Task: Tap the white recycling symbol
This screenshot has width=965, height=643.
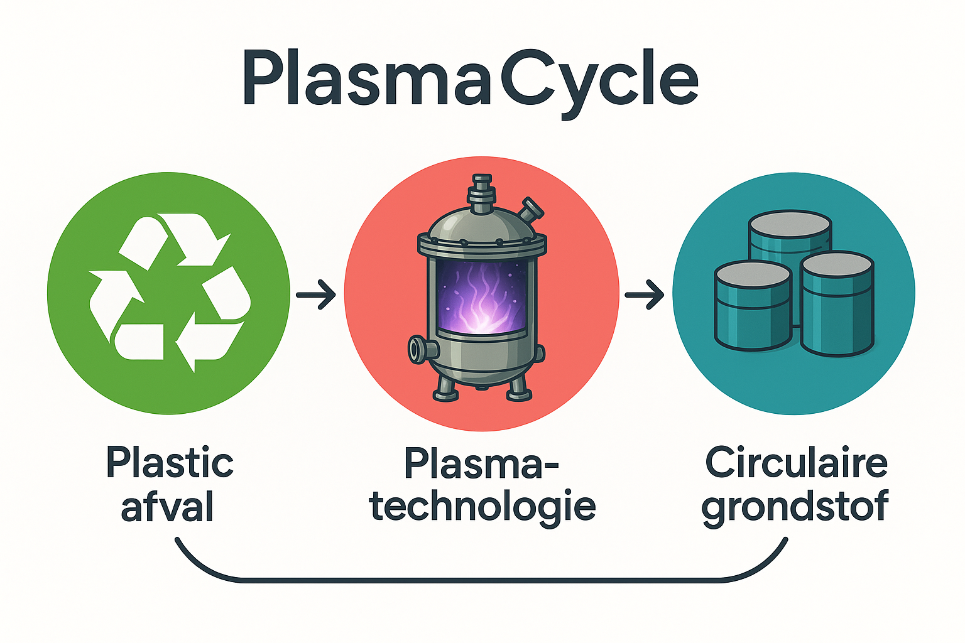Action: pos(169,293)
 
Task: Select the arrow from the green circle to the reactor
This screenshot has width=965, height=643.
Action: pos(316,294)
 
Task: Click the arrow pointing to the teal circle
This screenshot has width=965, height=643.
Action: pos(645,294)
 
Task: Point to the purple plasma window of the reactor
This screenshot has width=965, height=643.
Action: pos(482,297)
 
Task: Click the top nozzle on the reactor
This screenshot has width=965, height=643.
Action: pos(481,194)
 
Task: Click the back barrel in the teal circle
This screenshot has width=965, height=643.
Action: pos(790,241)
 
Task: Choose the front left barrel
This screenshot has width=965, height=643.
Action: pos(753,306)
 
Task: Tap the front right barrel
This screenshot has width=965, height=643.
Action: pos(837,304)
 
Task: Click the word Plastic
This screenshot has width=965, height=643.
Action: pos(170,463)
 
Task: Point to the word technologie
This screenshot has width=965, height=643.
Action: pos(482,507)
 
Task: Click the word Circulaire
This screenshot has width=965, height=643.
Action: pos(797,463)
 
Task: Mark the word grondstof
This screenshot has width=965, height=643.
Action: pos(795,508)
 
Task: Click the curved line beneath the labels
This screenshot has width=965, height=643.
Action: pos(482,580)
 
